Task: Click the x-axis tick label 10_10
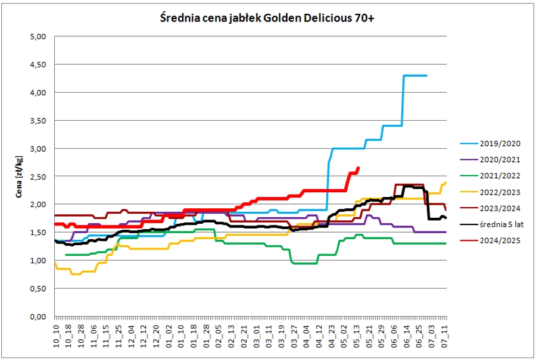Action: click(56, 336)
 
